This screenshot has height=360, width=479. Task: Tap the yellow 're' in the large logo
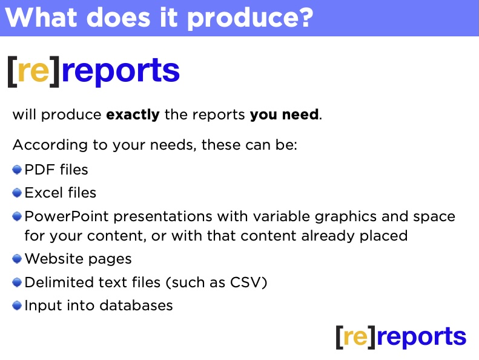point(33,71)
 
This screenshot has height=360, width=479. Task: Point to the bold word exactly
point(133,115)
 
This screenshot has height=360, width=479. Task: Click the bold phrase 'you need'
point(285,115)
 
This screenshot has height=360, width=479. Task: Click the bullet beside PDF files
point(17,170)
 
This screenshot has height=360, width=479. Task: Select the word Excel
point(44,193)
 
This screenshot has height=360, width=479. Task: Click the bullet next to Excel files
point(17,193)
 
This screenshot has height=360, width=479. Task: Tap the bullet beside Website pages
point(17,259)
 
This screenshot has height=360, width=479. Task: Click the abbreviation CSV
point(246,282)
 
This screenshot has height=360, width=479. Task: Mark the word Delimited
point(58,282)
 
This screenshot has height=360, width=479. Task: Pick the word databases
point(136,305)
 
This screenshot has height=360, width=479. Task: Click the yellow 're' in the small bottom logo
point(355,337)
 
